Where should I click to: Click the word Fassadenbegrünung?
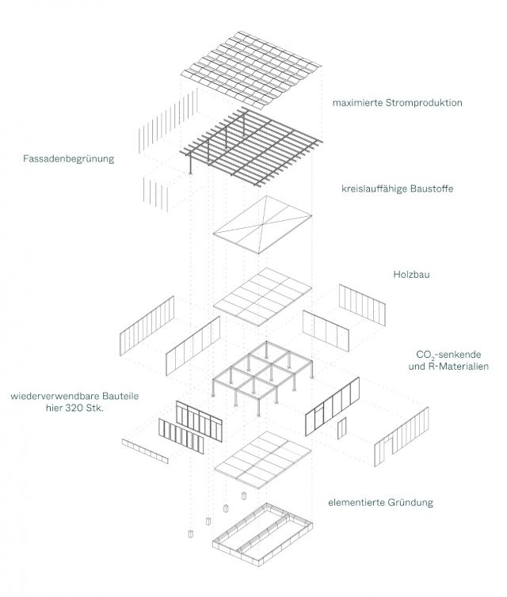(69, 158)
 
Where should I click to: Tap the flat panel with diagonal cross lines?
(261, 225)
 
